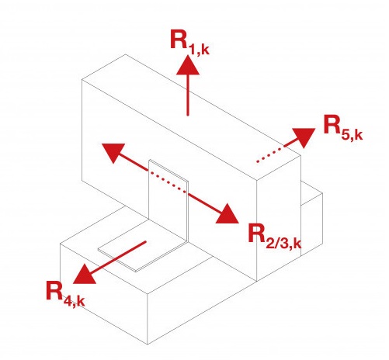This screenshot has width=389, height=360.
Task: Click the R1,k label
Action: pyautogui.click(x=189, y=42)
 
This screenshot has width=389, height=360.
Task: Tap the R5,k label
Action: pyautogui.click(x=343, y=128)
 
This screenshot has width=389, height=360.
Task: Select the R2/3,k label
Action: pyautogui.click(x=275, y=237)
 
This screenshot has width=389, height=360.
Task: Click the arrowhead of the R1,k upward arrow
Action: pyautogui.click(x=188, y=65)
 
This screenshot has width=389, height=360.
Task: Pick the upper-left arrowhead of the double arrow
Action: pyautogui.click(x=113, y=153)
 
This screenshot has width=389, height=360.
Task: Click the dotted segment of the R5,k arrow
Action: pyautogui.click(x=270, y=154)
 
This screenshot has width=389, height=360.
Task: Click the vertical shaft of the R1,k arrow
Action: pyautogui.click(x=188, y=95)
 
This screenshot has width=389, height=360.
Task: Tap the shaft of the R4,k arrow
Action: pyautogui.click(x=118, y=257)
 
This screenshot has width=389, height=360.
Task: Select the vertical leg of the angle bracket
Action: pyautogui.click(x=168, y=202)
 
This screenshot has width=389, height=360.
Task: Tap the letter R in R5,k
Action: pyautogui.click(x=332, y=124)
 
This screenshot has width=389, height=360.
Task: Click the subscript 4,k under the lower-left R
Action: pyautogui.click(x=74, y=301)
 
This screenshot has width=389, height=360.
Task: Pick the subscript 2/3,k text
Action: pyautogui.click(x=283, y=243)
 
